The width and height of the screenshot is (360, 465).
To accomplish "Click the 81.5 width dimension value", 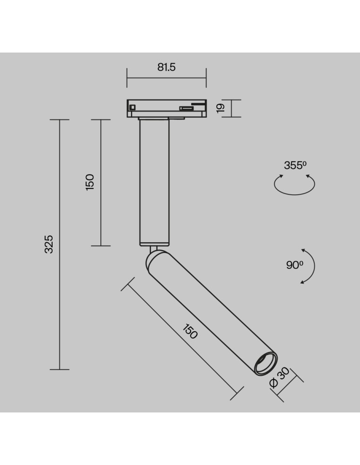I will [166, 67].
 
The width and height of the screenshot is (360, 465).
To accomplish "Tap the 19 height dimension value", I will [221, 108].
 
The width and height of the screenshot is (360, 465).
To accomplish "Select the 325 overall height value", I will [49, 244].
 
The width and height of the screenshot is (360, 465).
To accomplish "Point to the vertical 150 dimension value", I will [90, 182].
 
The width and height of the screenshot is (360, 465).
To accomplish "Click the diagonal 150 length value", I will [190, 332].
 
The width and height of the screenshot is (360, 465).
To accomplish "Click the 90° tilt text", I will [294, 265].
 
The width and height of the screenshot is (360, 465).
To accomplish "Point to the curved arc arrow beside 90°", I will [311, 266].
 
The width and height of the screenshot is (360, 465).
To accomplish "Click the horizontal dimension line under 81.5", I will [166, 78].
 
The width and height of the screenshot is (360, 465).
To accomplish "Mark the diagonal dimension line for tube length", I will [181, 342].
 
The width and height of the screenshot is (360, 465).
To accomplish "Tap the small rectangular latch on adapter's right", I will [187, 108].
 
